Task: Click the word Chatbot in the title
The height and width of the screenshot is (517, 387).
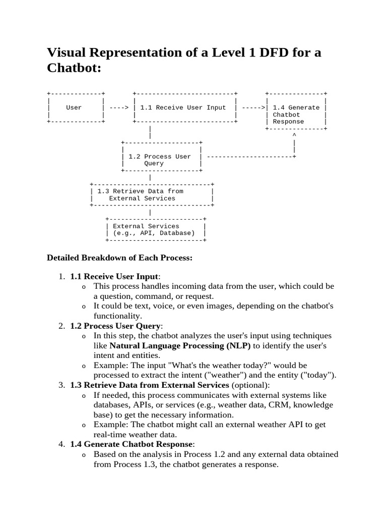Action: click(x=74, y=68)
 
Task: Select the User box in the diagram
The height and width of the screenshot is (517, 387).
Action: click(x=74, y=108)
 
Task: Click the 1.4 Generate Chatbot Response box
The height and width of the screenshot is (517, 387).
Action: click(x=296, y=115)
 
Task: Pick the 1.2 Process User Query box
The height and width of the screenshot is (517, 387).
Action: click(x=161, y=160)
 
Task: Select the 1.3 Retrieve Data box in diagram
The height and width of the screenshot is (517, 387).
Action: click(x=152, y=195)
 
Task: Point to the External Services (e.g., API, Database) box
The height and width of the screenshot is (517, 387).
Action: click(x=155, y=230)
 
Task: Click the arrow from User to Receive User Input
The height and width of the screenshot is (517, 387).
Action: click(x=119, y=108)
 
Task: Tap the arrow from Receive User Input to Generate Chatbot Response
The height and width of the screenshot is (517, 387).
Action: click(x=254, y=108)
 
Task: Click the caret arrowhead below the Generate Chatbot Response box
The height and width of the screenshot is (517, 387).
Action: click(x=294, y=135)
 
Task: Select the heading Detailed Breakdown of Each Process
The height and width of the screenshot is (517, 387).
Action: click(x=119, y=258)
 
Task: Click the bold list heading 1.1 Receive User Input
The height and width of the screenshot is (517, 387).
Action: click(x=114, y=276)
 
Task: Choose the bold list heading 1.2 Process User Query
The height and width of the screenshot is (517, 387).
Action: click(x=115, y=326)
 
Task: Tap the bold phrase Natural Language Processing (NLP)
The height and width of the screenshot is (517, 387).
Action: click(x=180, y=346)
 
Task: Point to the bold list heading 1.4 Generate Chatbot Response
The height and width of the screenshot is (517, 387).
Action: click(x=132, y=444)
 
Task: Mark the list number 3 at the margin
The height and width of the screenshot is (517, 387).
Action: click(x=61, y=385)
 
